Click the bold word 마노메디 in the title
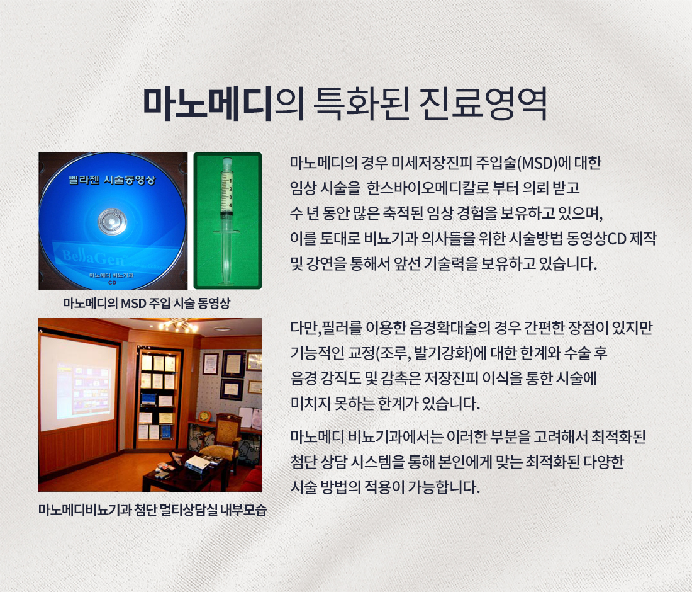(x=207, y=105)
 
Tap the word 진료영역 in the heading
(x=483, y=105)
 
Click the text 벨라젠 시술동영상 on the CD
(x=112, y=180)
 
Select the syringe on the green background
(x=227, y=221)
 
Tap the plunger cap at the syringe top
(x=227, y=162)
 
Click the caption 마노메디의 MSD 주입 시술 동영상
(x=147, y=303)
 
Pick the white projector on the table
(x=198, y=464)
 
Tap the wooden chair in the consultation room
(x=223, y=440)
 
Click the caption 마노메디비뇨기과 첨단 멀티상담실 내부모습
(x=153, y=510)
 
